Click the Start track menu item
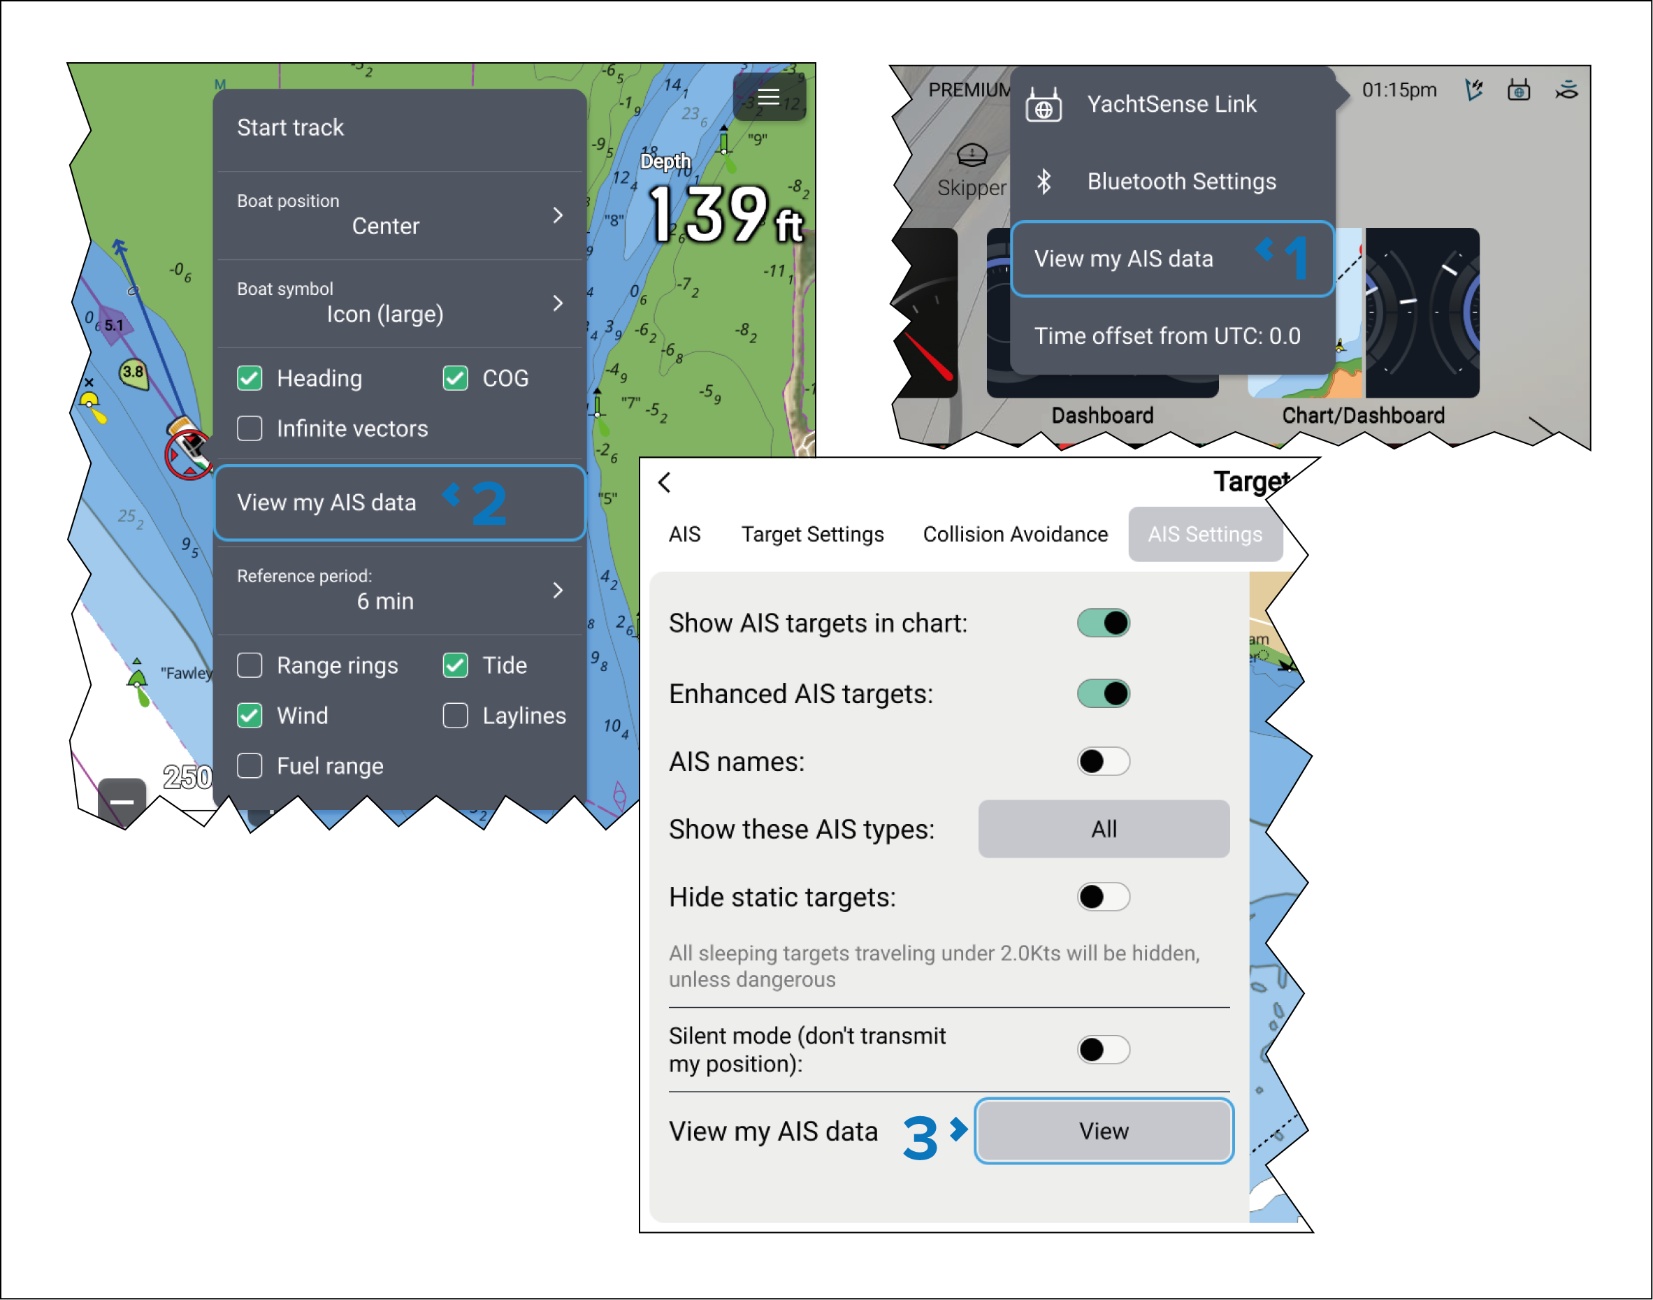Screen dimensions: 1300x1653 point(290,127)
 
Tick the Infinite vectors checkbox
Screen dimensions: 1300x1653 point(250,428)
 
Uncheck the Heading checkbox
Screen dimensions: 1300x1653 point(250,378)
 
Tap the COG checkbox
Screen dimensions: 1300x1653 point(455,378)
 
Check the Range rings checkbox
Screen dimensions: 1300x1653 point(250,665)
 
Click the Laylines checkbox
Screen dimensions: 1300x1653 point(455,716)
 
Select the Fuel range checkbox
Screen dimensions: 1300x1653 point(250,766)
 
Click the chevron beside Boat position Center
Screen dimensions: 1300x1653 point(558,215)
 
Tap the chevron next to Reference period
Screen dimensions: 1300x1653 point(558,590)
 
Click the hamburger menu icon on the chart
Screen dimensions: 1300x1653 point(769,96)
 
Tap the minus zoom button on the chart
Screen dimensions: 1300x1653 point(122,802)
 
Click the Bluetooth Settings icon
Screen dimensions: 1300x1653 point(1044,181)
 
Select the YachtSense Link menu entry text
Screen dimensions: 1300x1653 point(1171,104)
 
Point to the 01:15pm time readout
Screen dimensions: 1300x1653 point(1399,90)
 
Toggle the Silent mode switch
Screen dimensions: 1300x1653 point(1104,1050)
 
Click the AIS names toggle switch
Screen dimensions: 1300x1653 point(1104,761)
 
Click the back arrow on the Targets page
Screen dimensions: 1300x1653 point(665,482)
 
